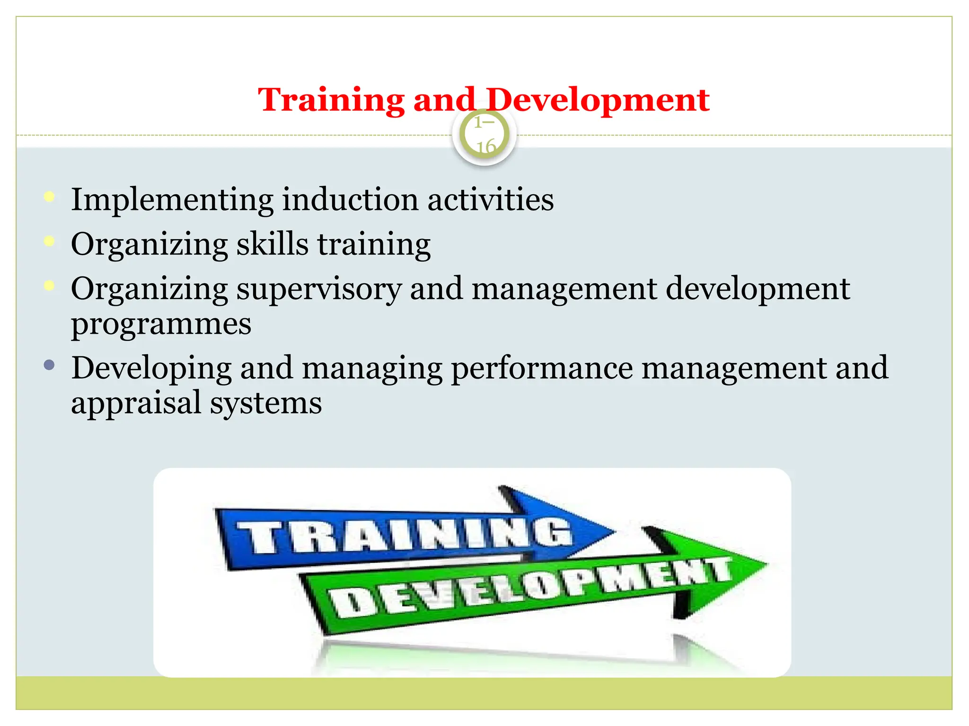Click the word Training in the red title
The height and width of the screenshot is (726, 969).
[331, 100]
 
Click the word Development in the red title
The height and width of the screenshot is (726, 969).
[597, 100]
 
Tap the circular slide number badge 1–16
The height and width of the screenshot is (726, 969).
[484, 135]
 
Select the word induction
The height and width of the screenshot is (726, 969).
[350, 199]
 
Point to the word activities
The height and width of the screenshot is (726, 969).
[491, 199]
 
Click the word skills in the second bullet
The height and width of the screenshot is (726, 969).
[272, 244]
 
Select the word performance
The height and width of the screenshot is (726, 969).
[542, 369]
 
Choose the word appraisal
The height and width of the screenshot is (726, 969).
[136, 404]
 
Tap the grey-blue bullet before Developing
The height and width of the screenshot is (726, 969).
[49, 365]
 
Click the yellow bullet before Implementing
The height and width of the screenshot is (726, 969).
[49, 197]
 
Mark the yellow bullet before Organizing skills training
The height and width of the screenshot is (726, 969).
[49, 242]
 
